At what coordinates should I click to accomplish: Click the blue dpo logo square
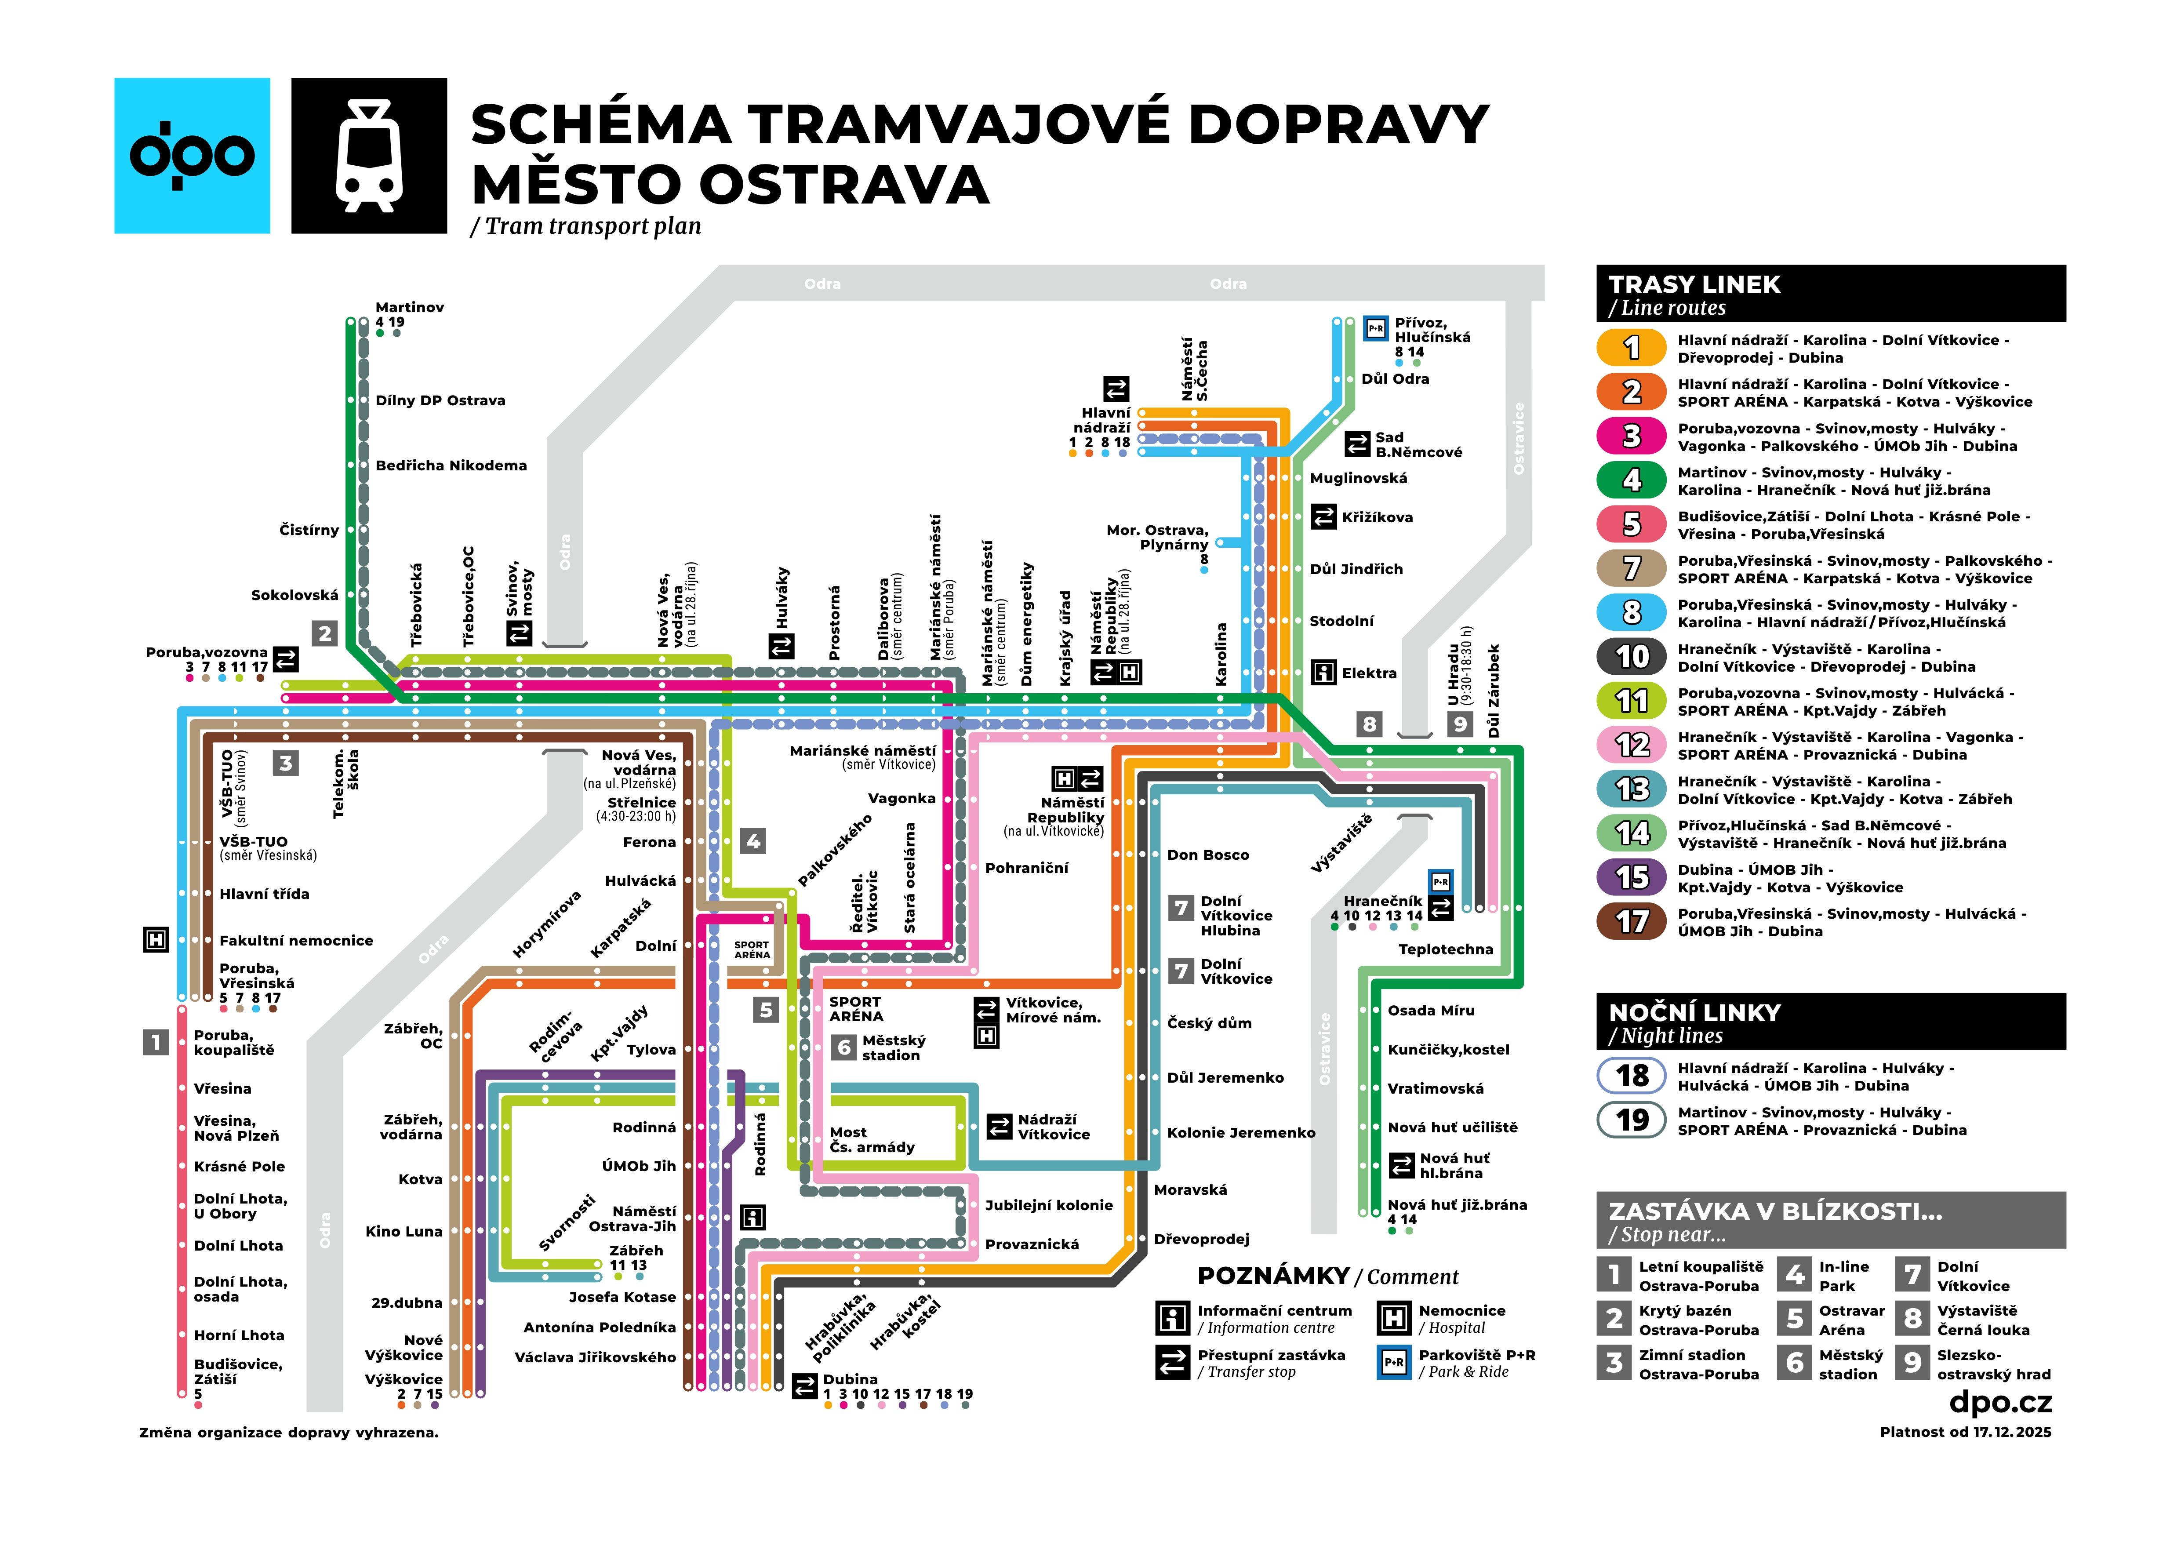(192, 156)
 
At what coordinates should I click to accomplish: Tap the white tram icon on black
(369, 156)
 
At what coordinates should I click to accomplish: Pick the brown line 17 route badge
(1631, 922)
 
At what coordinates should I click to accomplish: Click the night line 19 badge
(1631, 1120)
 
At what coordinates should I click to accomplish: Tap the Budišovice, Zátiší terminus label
(237, 1371)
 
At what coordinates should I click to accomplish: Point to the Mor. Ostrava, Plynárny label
(1157, 537)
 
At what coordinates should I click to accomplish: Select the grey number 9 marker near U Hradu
(1460, 724)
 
